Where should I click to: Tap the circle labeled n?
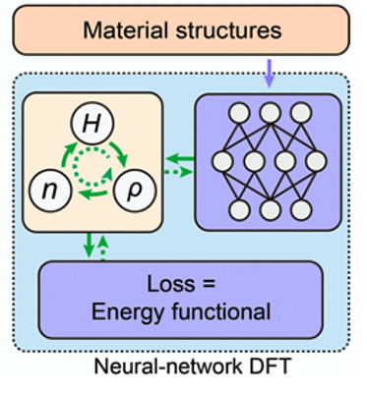[49, 190]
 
